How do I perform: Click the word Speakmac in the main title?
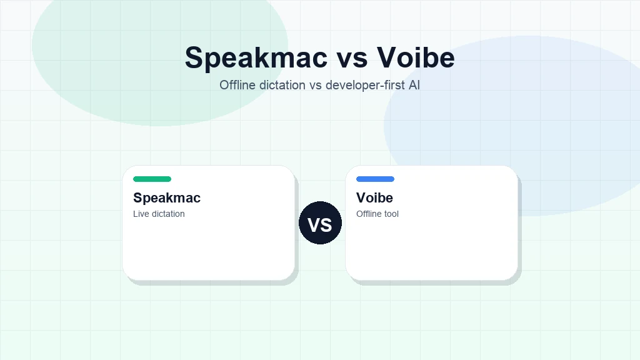click(256, 57)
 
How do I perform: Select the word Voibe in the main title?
click(416, 57)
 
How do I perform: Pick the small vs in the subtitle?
click(316, 85)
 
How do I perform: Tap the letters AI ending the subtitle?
click(414, 85)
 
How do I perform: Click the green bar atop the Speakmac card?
click(152, 179)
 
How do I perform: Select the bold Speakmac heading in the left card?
click(167, 198)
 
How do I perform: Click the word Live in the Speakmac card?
click(141, 214)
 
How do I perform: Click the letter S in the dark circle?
click(327, 224)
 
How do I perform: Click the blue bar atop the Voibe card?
click(375, 179)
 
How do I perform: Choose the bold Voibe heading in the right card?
click(374, 198)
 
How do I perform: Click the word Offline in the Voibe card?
click(369, 214)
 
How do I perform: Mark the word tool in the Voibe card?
click(392, 214)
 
